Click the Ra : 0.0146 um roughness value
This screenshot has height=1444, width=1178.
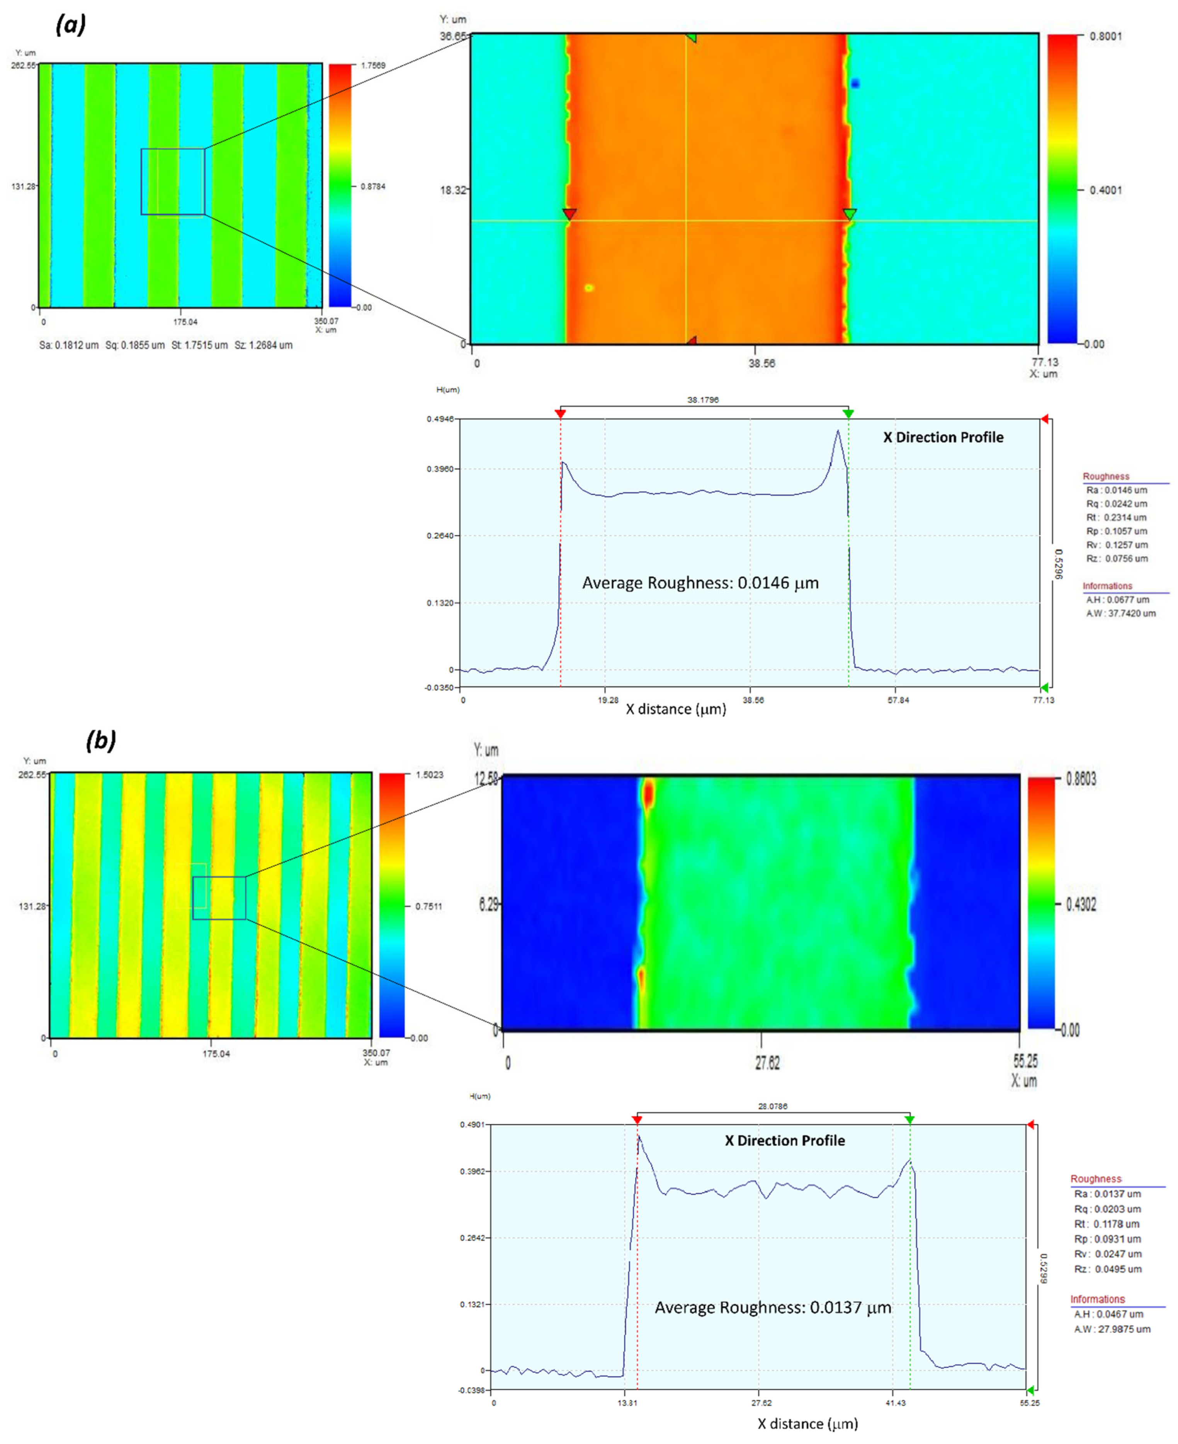pos(1116,490)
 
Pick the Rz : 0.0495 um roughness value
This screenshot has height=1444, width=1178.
pos(1107,1269)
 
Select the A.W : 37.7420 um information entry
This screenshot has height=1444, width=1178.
pos(1120,614)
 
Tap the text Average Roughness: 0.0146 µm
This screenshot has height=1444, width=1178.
pos(700,583)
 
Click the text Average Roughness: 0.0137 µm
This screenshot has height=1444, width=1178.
pos(772,1308)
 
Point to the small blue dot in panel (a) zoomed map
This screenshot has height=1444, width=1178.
pos(855,83)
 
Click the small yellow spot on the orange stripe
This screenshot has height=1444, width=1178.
pos(589,288)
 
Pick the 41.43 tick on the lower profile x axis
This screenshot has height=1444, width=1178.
pos(895,1403)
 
